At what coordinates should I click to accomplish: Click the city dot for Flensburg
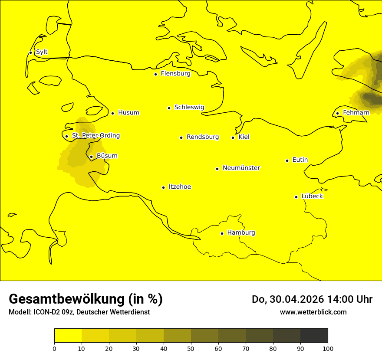(x=155, y=74)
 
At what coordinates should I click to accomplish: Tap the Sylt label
(x=42, y=52)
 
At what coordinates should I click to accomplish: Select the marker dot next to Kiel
(x=233, y=137)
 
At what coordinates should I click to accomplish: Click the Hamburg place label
(x=241, y=233)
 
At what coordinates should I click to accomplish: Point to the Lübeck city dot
(x=296, y=197)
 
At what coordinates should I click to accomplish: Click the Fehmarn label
(x=356, y=113)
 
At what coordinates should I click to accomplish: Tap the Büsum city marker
(x=91, y=157)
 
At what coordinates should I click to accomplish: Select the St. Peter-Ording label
(x=95, y=136)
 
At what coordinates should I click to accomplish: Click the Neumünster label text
(x=241, y=168)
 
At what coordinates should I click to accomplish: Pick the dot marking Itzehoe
(x=163, y=187)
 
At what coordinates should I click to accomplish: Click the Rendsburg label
(x=203, y=137)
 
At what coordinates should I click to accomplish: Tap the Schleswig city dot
(x=169, y=108)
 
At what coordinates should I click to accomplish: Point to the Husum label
(x=128, y=113)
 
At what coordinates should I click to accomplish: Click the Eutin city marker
(x=287, y=160)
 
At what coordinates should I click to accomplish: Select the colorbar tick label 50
(x=191, y=348)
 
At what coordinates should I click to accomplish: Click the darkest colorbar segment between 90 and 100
(x=314, y=336)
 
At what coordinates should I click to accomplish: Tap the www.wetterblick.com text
(x=313, y=312)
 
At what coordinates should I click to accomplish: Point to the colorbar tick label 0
(x=54, y=348)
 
